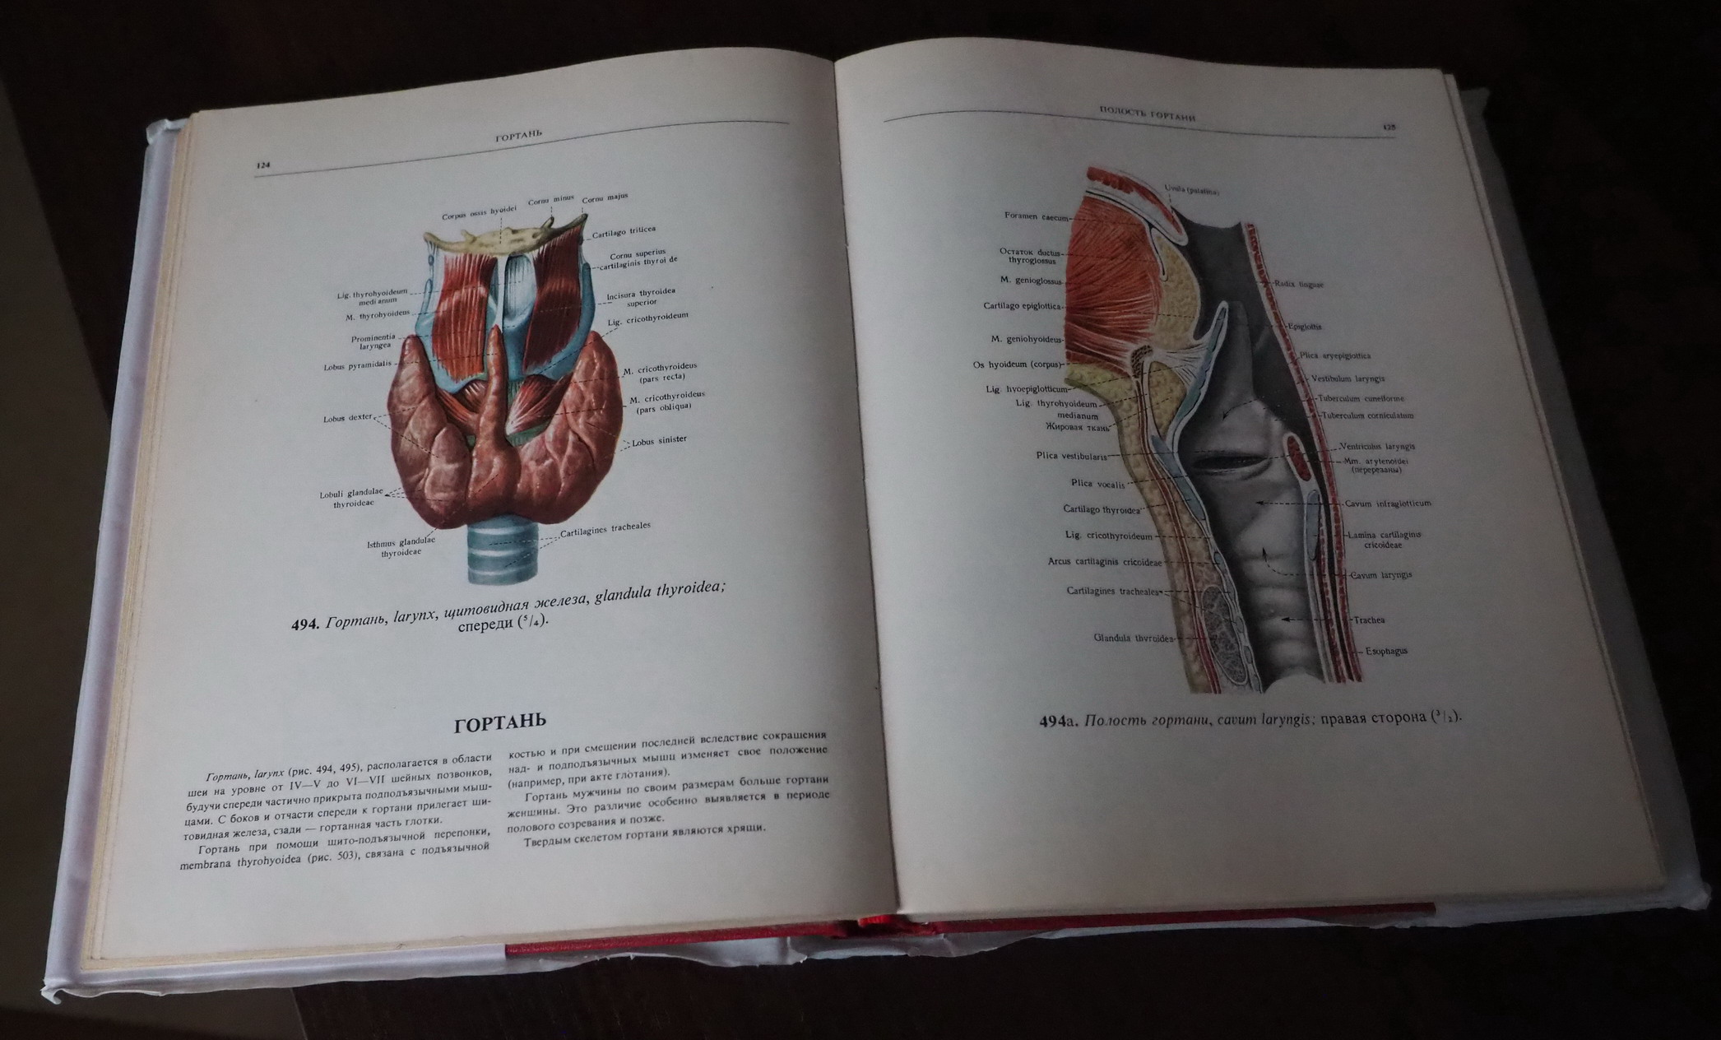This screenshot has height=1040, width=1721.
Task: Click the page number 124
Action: [x=263, y=165]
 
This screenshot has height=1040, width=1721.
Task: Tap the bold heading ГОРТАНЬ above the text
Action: [x=500, y=723]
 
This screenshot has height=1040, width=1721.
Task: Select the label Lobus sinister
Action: [x=659, y=441]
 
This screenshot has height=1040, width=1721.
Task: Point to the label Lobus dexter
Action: [x=347, y=419]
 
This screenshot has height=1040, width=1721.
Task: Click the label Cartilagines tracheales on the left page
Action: [x=605, y=529]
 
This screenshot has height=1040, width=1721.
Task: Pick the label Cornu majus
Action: [x=605, y=198]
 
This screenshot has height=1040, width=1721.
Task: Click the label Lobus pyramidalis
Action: [x=357, y=365]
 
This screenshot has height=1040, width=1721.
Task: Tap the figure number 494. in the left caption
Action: [x=304, y=624]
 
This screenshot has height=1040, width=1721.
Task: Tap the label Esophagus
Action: [x=1386, y=651]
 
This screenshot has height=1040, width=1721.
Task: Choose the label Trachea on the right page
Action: [x=1369, y=620]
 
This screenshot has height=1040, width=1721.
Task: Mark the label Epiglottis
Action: [x=1305, y=327]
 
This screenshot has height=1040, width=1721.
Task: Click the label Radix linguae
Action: [x=1299, y=285]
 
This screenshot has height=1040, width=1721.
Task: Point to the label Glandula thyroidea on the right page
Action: [x=1134, y=638]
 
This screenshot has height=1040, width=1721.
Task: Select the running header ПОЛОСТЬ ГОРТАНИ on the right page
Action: [x=1147, y=114]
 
